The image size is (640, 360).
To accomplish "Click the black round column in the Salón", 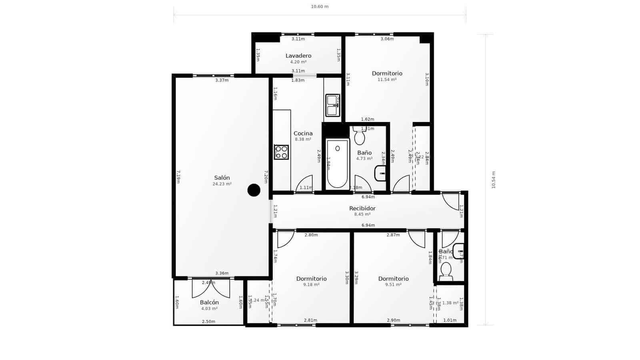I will [x=254, y=190].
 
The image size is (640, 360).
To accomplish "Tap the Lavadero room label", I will [x=298, y=56].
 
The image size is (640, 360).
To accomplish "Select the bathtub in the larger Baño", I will [x=337, y=164].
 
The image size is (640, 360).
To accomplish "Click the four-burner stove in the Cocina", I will [x=281, y=152].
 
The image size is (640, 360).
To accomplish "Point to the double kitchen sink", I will [x=332, y=105].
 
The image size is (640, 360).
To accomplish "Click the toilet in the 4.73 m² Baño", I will [x=359, y=136].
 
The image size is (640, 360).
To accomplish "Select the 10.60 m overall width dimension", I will [x=320, y=7].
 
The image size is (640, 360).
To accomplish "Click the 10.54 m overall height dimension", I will [x=493, y=180].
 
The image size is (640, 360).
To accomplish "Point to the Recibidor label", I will [x=362, y=208].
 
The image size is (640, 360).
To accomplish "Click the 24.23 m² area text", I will [x=222, y=184].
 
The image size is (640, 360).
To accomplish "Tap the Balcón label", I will [x=209, y=302].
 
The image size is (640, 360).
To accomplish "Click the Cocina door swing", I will [x=305, y=184].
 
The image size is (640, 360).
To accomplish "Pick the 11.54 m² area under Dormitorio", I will [x=387, y=80].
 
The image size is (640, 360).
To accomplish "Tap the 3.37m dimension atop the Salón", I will [x=222, y=80].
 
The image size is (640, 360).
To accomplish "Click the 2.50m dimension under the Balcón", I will [x=208, y=322].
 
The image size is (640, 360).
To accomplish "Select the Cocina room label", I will [x=303, y=134].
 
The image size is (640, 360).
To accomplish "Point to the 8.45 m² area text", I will [x=362, y=214].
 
